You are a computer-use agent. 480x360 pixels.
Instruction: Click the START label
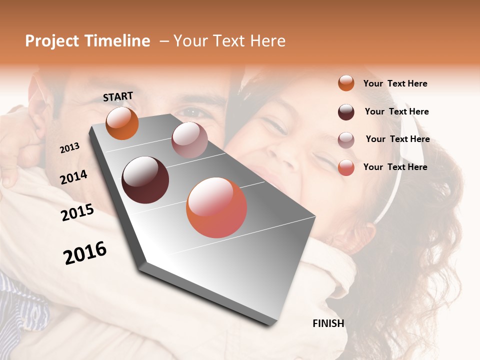[118, 96]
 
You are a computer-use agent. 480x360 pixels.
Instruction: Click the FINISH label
[328, 323]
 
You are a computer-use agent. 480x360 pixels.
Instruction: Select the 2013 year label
[69, 148]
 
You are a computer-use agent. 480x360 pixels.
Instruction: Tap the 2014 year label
[73, 177]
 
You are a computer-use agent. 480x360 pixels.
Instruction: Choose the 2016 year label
[85, 253]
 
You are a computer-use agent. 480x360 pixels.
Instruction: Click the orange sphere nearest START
[122, 123]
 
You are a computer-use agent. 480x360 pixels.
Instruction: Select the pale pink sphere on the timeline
[189, 140]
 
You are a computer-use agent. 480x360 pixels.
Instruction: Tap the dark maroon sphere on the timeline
[145, 180]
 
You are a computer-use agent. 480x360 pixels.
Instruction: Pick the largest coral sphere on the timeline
[216, 207]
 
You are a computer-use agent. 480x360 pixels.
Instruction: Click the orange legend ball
[346, 83]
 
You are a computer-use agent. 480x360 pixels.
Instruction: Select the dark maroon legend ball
[346, 112]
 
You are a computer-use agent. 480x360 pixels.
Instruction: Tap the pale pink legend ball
[346, 140]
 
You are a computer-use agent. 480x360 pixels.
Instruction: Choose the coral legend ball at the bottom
[346, 167]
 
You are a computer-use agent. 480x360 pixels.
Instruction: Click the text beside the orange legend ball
[395, 83]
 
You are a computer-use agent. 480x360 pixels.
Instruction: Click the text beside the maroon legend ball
[396, 111]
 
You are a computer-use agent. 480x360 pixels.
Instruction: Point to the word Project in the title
[52, 41]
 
